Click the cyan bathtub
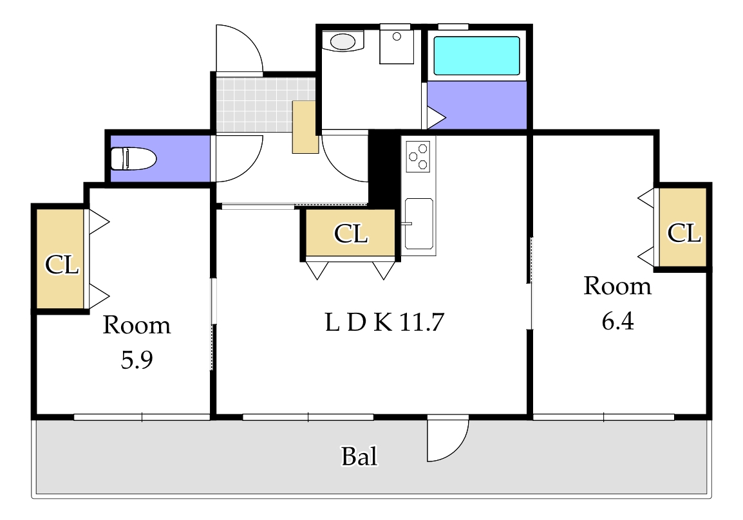coord(476,56)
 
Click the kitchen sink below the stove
coord(419,223)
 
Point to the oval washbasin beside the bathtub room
coord(343,42)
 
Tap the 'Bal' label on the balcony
coord(359,457)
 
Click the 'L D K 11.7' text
coord(384,322)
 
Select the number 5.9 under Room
coord(136,361)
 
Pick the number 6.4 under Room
coord(617,321)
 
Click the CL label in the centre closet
coord(350,234)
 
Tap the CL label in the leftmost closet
coord(62,265)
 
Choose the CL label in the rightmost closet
coord(683,233)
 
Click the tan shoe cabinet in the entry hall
coord(305,127)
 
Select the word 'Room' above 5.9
coord(136,325)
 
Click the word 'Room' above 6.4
coord(617,286)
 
